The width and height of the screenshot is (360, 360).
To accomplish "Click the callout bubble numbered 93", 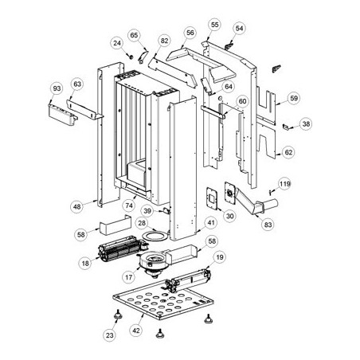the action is [57, 88].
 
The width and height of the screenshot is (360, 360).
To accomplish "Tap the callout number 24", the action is [117, 43].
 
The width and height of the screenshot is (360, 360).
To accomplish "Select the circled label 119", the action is [284, 184].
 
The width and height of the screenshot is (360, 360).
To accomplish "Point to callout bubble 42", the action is [136, 331].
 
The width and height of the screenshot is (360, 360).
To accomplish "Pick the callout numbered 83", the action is [268, 225].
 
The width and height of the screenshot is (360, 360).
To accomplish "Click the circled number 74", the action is [129, 205].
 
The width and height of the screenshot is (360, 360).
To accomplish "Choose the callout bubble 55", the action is [214, 25].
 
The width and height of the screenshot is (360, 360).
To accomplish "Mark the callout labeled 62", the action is [288, 152].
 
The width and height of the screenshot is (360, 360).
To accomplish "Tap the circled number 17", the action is [129, 277].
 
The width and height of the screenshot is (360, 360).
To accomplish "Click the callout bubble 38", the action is [306, 123].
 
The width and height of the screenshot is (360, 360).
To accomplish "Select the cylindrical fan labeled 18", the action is [121, 248].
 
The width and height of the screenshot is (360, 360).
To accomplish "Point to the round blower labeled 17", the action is [153, 263].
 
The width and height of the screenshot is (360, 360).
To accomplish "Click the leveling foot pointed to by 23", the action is [118, 315].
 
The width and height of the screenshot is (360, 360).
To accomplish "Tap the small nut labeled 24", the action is [131, 56].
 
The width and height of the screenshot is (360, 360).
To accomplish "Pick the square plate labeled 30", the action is [212, 198].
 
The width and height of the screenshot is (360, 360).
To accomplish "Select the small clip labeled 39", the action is [166, 211].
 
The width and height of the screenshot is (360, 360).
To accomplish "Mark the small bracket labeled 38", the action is [286, 127].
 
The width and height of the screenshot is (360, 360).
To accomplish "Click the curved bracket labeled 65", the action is [143, 56].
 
